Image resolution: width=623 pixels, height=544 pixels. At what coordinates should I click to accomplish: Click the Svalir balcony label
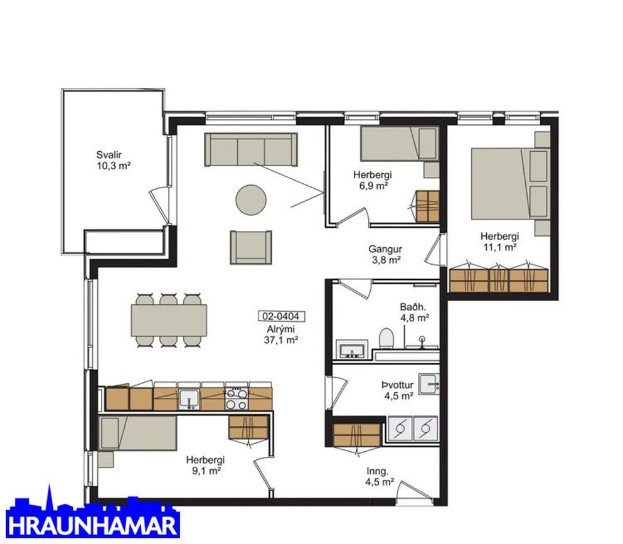pyautogui.click(x=114, y=160)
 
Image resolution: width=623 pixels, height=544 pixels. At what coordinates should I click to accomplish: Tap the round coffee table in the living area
pyautogui.click(x=251, y=200)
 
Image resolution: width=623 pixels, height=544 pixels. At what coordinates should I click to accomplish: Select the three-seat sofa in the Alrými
pyautogui.click(x=251, y=149)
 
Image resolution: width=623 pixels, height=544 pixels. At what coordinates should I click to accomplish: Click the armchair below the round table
pyautogui.click(x=251, y=247)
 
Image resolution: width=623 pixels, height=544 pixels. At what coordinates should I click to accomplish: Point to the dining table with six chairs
pyautogui.click(x=169, y=320)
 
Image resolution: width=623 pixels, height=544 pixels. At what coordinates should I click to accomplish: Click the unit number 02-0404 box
pyautogui.click(x=282, y=316)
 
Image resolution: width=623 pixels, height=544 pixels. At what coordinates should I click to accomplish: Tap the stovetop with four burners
pyautogui.click(x=237, y=398)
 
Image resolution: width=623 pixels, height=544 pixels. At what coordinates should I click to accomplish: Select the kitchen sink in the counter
pyautogui.click(x=189, y=399)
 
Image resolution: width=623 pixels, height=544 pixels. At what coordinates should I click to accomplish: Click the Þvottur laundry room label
pyautogui.click(x=398, y=390)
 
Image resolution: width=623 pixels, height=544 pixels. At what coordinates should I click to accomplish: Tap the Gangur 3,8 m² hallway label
pyautogui.click(x=385, y=255)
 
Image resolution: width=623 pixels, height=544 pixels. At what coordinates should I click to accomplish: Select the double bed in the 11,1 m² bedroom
pyautogui.click(x=511, y=184)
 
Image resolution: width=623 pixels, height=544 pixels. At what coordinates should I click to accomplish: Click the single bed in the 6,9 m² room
pyautogui.click(x=399, y=144)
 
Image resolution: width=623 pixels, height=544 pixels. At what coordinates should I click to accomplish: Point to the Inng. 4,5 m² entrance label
pyautogui.click(x=380, y=476)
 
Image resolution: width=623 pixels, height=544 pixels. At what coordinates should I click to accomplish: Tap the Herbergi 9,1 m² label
pyautogui.click(x=205, y=466)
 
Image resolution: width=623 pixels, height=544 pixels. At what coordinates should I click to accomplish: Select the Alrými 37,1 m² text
pyautogui.click(x=281, y=334)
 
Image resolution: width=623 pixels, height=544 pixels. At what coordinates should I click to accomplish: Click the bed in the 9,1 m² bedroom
pyautogui.click(x=137, y=433)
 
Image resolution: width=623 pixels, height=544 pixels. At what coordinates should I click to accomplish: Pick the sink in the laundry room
pyautogui.click(x=429, y=383)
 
